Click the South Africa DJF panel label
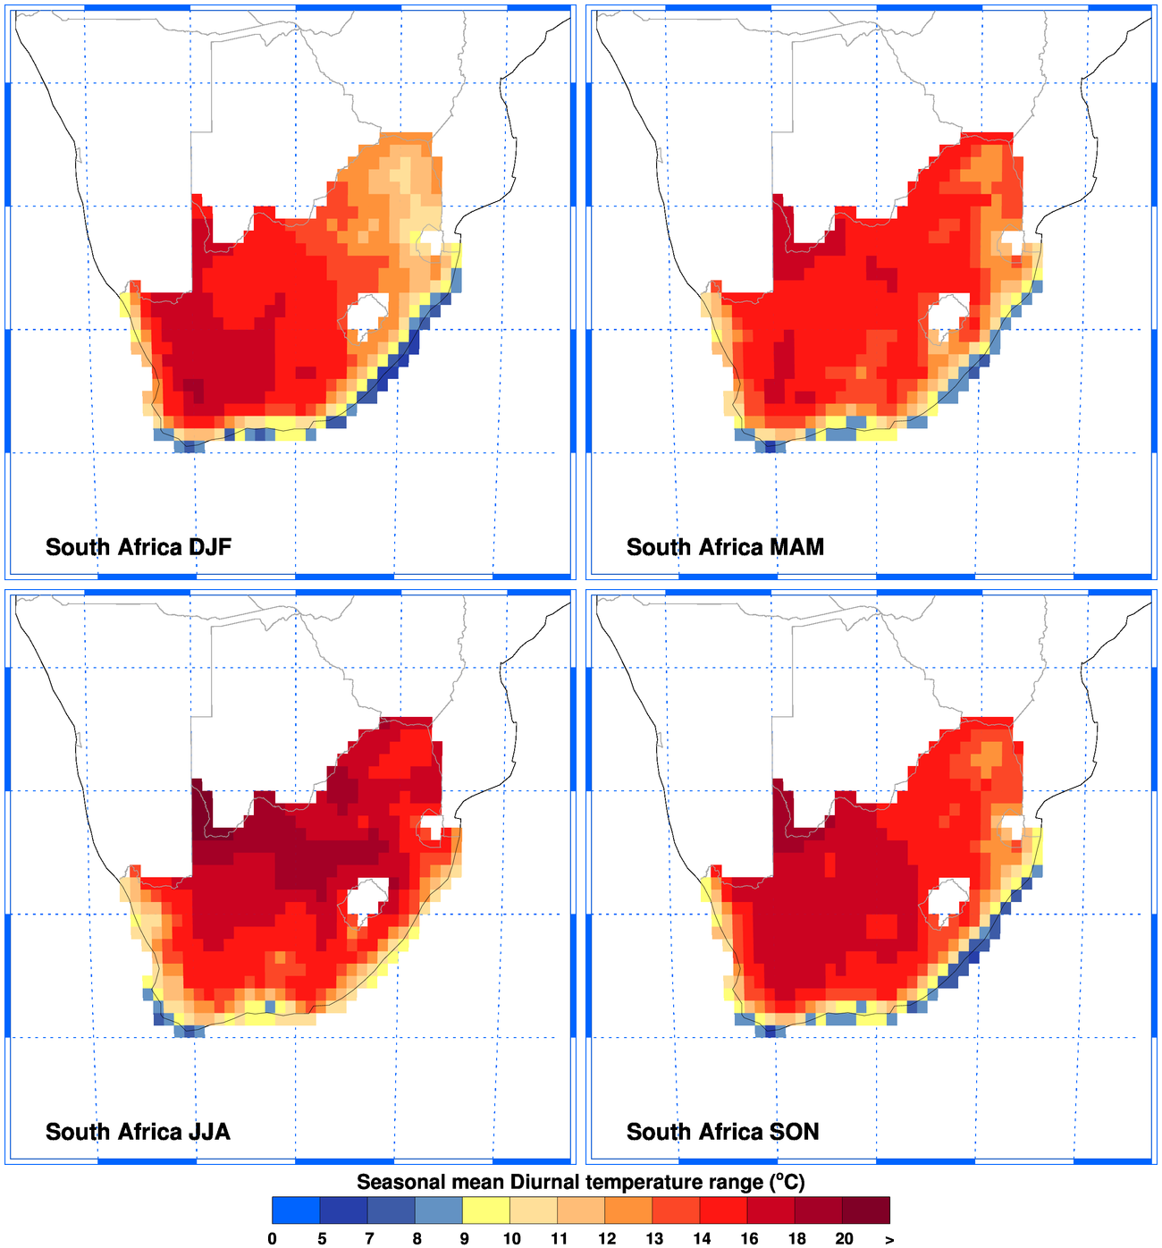pyautogui.click(x=139, y=547)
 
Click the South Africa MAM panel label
pyautogui.click(x=725, y=547)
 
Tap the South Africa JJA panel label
pyautogui.click(x=138, y=1132)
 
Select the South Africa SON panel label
pyautogui.click(x=722, y=1132)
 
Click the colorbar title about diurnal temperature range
pyautogui.click(x=581, y=1182)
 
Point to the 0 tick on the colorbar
pyautogui.click(x=273, y=1238)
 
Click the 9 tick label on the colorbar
pyautogui.click(x=463, y=1238)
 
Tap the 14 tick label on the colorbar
pyautogui.click(x=702, y=1238)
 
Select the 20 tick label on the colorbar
pyautogui.click(x=844, y=1238)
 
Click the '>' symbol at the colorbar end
pyautogui.click(x=889, y=1239)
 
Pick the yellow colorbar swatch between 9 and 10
pyautogui.click(x=486, y=1210)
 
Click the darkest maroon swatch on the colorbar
pyautogui.click(x=866, y=1210)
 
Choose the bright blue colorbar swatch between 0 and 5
pyautogui.click(x=296, y=1210)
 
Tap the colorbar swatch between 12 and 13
pyautogui.click(x=629, y=1210)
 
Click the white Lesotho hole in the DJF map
pyautogui.click(x=366, y=314)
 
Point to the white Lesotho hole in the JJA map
pyautogui.click(x=366, y=898)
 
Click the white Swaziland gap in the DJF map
pyautogui.click(x=433, y=240)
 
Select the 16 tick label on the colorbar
pyautogui.click(x=749, y=1238)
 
